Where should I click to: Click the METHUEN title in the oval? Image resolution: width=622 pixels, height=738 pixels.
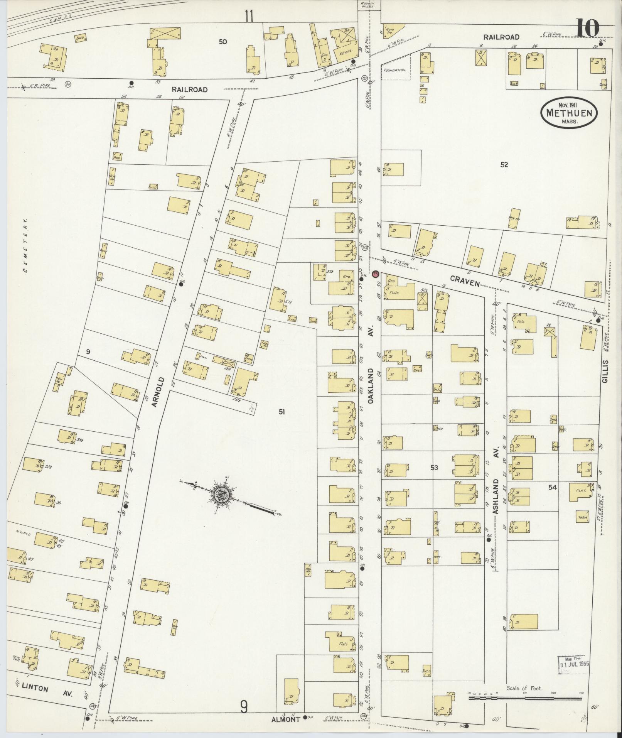pyautogui.click(x=569, y=113)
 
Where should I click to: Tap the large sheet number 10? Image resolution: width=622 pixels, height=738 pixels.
pyautogui.click(x=588, y=27)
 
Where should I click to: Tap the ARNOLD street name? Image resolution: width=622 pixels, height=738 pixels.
pyautogui.click(x=159, y=392)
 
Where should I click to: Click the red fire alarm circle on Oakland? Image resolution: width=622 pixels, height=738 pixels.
pyautogui.click(x=376, y=274)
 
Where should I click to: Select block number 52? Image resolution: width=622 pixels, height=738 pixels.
pyautogui.click(x=504, y=165)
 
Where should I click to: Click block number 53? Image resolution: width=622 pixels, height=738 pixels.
pyautogui.click(x=434, y=468)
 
